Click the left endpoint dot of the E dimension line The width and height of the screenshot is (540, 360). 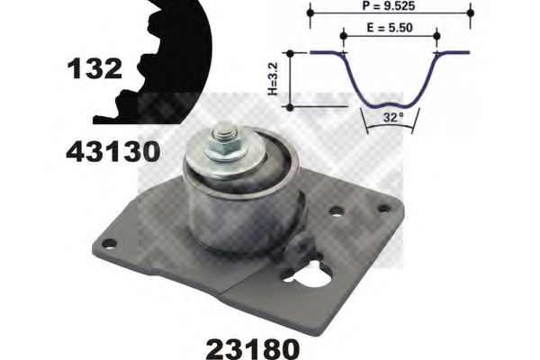(x=343, y=35)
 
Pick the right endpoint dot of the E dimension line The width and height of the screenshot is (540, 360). (x=436, y=35)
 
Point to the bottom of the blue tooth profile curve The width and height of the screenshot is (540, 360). (x=390, y=102)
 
